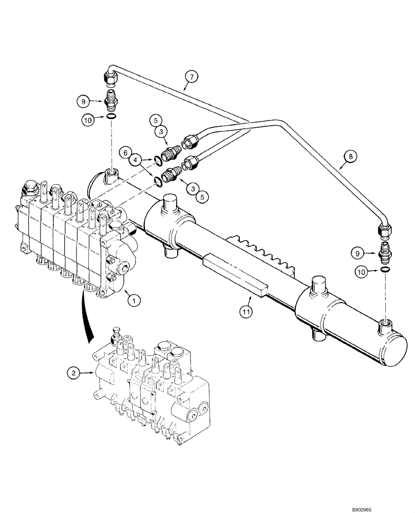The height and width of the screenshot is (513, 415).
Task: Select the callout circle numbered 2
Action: (x=74, y=373)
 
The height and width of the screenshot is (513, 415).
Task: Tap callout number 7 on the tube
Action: (x=191, y=78)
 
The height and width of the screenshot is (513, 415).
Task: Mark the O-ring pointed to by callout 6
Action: (x=158, y=162)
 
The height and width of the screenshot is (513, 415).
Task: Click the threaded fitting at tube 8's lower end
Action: (x=385, y=252)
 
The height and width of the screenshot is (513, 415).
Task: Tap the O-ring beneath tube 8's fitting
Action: (x=385, y=270)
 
